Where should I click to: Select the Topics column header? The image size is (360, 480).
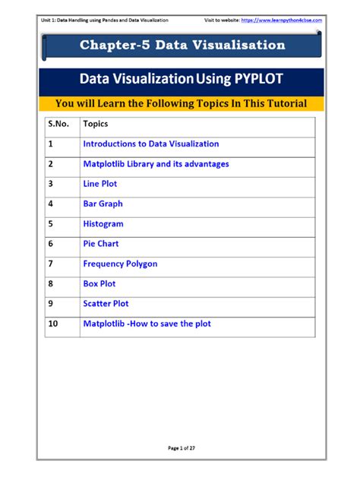[96, 123]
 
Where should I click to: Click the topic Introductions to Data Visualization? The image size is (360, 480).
[150, 144]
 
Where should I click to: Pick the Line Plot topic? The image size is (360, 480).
[100, 184]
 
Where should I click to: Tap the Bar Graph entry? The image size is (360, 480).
[103, 204]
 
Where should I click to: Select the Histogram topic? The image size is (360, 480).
[103, 224]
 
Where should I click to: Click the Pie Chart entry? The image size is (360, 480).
[101, 244]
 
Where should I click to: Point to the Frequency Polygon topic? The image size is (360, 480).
[120, 264]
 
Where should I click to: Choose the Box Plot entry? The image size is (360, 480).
[99, 283]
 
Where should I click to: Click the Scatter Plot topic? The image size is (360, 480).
[106, 304]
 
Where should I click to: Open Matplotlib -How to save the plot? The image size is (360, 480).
[147, 324]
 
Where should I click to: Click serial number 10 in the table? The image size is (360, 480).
[52, 324]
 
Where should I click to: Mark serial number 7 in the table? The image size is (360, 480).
[50, 264]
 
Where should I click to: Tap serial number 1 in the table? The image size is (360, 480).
[50, 144]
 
